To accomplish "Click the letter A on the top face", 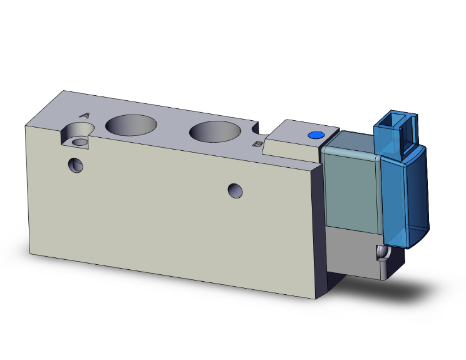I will [85, 115].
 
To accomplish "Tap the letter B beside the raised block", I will [256, 144].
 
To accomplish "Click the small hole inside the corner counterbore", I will [80, 142].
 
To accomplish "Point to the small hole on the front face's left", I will [76, 165].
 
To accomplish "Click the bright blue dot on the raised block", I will [315, 135].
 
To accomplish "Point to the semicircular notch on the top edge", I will [256, 128].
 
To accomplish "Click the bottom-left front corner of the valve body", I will [29, 255].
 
